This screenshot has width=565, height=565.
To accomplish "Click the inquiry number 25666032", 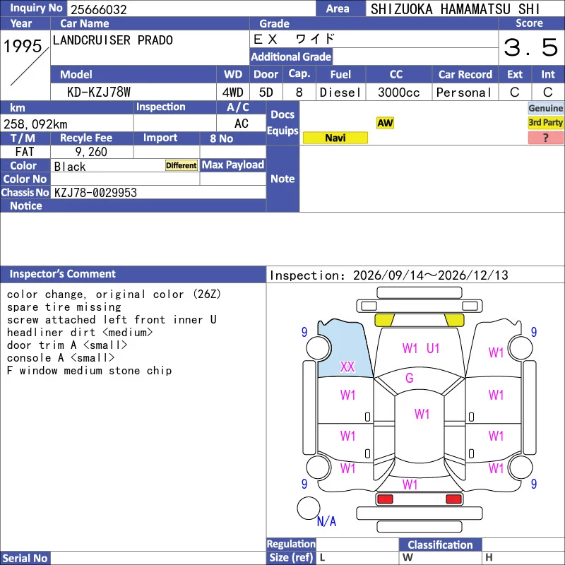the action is (99, 9).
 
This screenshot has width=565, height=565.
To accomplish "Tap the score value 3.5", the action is (531, 47).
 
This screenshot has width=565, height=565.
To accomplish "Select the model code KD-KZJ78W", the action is (99, 93).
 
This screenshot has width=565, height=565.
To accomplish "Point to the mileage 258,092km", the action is (35, 124).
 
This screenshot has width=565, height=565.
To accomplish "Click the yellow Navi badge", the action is (335, 138).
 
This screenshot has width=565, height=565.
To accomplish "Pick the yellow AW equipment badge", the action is (385, 123).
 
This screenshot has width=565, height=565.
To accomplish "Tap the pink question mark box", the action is (545, 138).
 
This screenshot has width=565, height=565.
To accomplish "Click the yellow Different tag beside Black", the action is (182, 165).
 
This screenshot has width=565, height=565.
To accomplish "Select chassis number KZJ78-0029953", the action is (95, 192).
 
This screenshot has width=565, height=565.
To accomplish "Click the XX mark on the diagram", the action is (347, 367).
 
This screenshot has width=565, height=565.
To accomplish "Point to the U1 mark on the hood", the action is (433, 348).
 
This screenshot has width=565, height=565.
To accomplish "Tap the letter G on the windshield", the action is (410, 378).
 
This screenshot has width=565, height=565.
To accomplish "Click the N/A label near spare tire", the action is (326, 521).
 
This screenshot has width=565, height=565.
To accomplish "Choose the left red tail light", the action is (385, 499).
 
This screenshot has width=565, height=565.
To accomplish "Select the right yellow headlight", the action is (454, 320).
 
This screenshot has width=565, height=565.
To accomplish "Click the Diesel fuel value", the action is (340, 93).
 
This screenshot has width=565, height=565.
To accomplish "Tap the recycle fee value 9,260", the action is (91, 152).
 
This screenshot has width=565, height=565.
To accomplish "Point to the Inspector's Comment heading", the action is (62, 274).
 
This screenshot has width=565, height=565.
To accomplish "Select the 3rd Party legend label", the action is (545, 122).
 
